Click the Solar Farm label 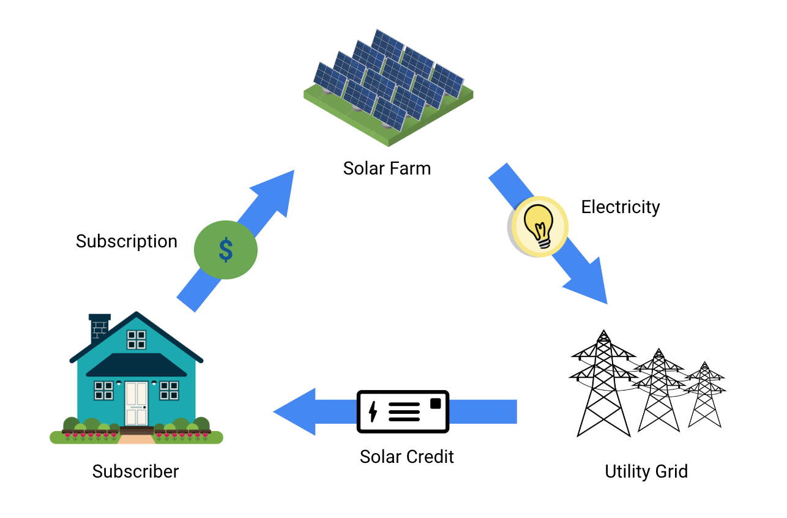(387, 168)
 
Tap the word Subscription (127, 241)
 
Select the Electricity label (621, 207)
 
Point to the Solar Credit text (407, 457)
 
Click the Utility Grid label (646, 471)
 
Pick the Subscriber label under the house (136, 471)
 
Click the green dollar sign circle (226, 250)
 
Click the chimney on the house (99, 328)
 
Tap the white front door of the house (136, 403)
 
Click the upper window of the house (136, 339)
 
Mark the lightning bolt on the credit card (373, 411)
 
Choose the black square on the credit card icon (435, 403)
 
